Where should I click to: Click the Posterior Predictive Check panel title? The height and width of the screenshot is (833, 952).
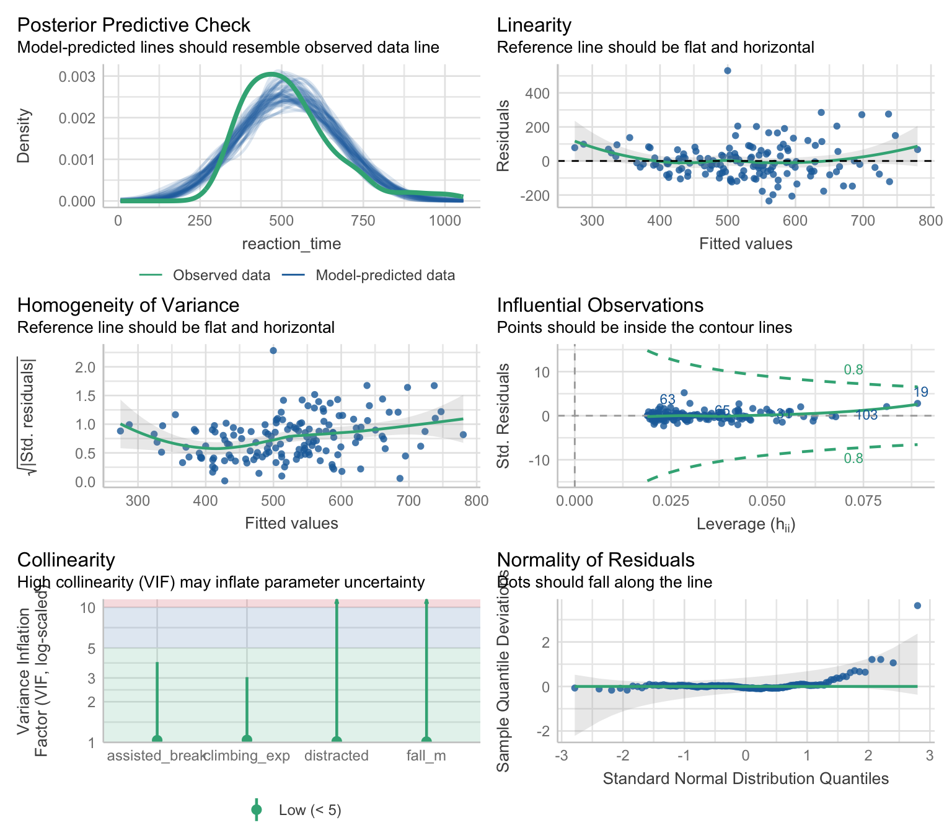133,25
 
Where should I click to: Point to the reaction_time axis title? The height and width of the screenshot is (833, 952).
291,244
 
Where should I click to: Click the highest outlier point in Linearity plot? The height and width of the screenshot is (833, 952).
728,71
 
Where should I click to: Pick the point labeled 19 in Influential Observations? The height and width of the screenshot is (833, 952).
917,403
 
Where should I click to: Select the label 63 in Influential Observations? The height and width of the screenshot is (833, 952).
668,399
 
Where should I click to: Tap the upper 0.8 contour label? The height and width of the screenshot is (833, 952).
853,370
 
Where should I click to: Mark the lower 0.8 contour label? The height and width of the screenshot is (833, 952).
853,458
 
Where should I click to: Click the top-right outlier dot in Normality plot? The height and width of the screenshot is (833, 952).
917,606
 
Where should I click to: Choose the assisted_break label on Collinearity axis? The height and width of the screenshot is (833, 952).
156,756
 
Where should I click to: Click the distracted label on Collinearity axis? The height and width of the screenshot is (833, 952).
337,756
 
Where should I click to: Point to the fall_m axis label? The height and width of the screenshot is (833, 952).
426,756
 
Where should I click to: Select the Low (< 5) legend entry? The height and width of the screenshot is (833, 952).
309,810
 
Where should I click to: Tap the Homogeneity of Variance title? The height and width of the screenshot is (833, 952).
128,305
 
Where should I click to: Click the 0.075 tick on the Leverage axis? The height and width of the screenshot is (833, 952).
863,501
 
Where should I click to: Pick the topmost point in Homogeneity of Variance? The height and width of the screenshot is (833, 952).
273,351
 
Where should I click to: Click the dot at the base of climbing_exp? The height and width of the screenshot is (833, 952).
247,739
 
